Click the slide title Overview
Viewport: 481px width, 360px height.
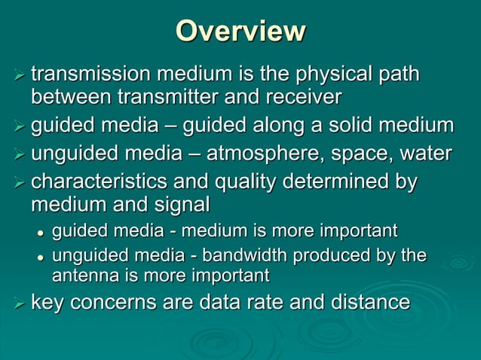240,32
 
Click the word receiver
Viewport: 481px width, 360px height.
301,96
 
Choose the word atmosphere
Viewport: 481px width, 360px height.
269,154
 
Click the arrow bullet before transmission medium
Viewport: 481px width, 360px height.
19,77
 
